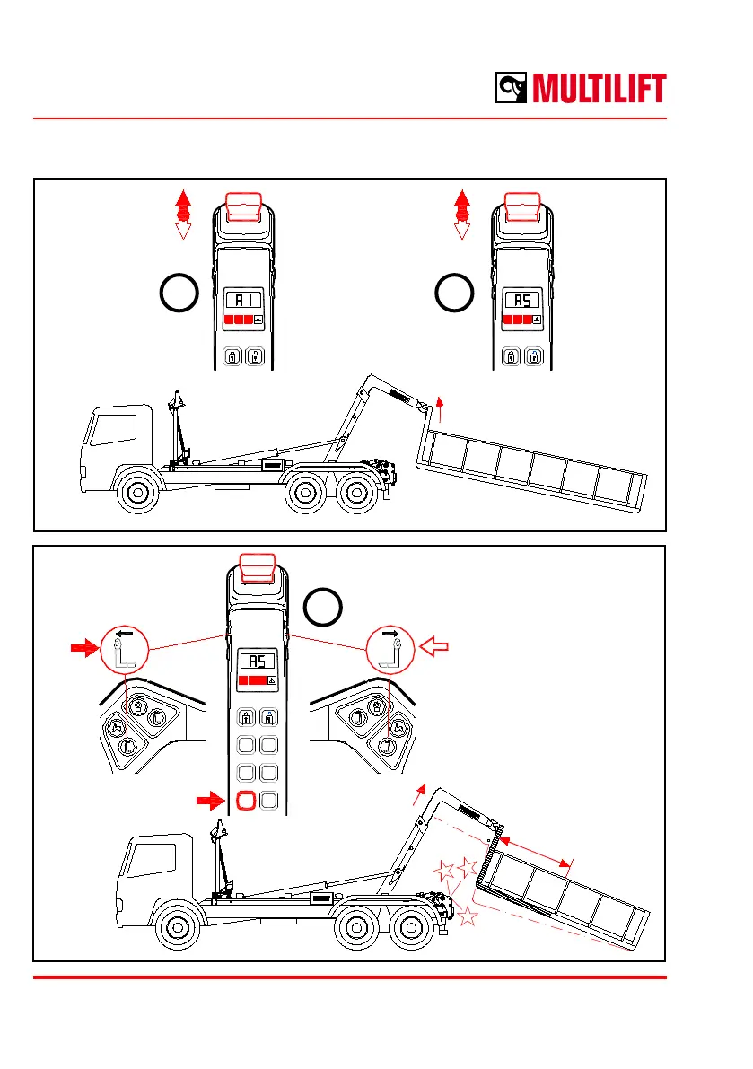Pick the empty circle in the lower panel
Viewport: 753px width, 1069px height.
[323, 609]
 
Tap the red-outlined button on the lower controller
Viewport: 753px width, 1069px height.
[245, 800]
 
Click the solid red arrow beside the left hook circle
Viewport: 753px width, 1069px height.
[84, 644]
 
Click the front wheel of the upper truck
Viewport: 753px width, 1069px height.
[136, 493]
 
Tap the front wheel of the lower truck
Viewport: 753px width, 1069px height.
[178, 927]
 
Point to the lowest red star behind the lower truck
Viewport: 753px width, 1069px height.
[468, 916]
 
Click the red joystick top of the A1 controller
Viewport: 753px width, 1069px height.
[244, 206]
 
